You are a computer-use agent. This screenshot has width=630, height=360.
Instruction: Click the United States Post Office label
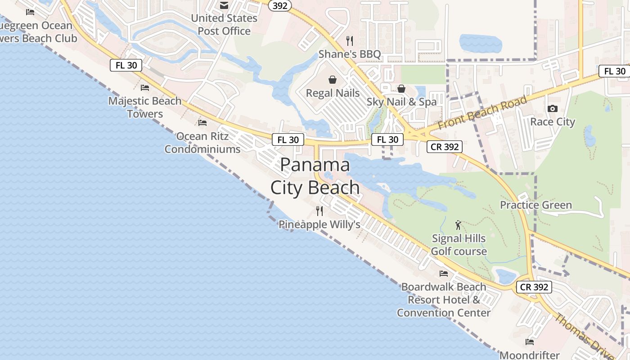coord(224,25)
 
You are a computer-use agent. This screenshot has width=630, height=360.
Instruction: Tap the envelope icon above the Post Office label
coord(224,5)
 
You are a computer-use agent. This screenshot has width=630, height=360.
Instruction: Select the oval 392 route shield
coord(279,5)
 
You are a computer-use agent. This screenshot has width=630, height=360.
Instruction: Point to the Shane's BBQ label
coord(350,54)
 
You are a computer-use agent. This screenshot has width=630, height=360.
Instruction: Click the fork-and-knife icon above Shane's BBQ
coord(350,41)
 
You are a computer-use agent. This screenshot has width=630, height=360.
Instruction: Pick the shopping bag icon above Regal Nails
coord(333,80)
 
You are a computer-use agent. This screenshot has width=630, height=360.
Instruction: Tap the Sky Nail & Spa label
coord(401,102)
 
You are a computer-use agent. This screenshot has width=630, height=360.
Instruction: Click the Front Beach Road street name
coord(482,112)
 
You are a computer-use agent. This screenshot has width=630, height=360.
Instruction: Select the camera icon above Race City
coord(553,108)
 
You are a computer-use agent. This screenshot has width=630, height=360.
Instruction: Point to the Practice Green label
coord(536,205)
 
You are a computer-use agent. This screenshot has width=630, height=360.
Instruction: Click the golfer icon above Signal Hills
coord(458,225)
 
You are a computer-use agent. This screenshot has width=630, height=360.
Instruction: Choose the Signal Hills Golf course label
coord(459,245)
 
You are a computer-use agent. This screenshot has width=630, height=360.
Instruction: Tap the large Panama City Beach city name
coord(315,176)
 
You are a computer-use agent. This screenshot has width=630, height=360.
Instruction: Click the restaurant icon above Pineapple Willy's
coord(319,211)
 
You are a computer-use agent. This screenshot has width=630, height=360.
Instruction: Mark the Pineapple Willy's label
coord(319,224)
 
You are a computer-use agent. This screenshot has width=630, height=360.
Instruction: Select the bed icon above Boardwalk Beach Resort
coord(444,273)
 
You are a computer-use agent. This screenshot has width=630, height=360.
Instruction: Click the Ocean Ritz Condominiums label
coord(202,143)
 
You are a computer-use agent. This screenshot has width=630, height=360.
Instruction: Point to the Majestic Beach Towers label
coord(145,107)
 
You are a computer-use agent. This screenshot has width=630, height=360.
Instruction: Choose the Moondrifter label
coord(530,355)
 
